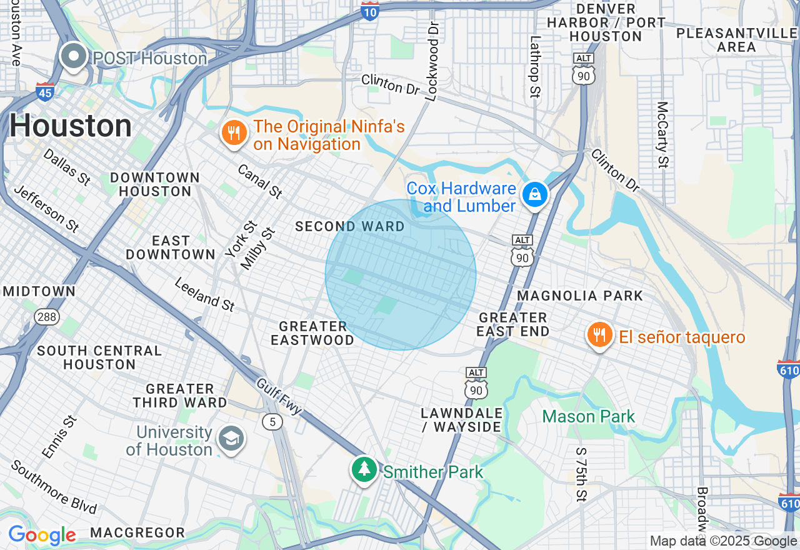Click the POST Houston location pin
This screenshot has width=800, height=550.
point(74,57)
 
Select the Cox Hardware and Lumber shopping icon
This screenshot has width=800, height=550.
point(535,195)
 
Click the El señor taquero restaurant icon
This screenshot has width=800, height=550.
point(599,336)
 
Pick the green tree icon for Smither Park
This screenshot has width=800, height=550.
point(364,470)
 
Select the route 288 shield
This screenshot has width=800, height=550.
point(47,317)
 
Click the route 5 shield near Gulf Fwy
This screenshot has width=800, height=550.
point(272,422)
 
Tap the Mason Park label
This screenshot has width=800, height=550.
point(589,416)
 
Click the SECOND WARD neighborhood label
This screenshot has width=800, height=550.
point(350,226)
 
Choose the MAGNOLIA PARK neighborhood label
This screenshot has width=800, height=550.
point(581,296)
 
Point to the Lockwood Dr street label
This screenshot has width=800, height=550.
point(432,61)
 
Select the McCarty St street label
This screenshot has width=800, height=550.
point(663,134)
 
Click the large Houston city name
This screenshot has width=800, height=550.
point(71,127)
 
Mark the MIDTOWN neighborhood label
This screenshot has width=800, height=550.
point(39,291)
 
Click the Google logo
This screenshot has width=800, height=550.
point(42,536)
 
